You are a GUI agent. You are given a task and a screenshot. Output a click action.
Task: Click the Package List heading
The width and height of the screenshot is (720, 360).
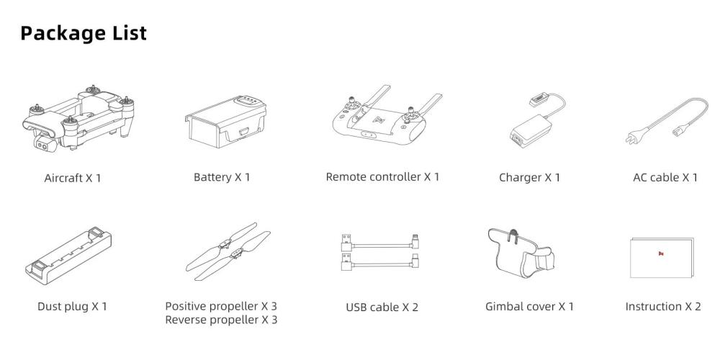(x=84, y=34)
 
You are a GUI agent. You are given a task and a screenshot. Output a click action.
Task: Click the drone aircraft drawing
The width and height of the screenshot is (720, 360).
(x=78, y=118)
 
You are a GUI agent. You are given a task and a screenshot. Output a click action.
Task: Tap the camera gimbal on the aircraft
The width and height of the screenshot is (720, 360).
(x=45, y=143)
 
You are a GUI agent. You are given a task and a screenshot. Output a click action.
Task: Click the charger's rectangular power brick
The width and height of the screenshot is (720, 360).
(x=528, y=132)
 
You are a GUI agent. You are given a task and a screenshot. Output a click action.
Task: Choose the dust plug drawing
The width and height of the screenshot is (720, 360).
(x=68, y=256)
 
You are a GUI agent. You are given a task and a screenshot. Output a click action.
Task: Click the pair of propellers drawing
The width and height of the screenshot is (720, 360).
(x=228, y=251)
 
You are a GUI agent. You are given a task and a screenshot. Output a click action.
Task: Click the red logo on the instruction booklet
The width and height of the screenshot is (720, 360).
(x=661, y=254)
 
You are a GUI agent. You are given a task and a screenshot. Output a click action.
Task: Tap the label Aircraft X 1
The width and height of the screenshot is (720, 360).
(x=73, y=178)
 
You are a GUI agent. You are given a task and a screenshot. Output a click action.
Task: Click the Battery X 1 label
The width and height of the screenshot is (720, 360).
(x=222, y=177)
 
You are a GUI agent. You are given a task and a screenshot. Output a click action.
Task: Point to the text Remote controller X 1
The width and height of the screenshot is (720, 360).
(x=382, y=177)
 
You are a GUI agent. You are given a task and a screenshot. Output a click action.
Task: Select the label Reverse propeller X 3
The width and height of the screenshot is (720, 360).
(x=221, y=320)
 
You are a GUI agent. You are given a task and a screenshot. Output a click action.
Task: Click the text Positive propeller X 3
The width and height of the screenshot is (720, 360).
(x=221, y=306)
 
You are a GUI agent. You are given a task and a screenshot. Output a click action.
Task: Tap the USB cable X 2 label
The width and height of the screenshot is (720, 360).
(x=382, y=307)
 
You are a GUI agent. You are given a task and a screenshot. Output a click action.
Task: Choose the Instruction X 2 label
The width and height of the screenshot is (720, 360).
(x=663, y=306)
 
